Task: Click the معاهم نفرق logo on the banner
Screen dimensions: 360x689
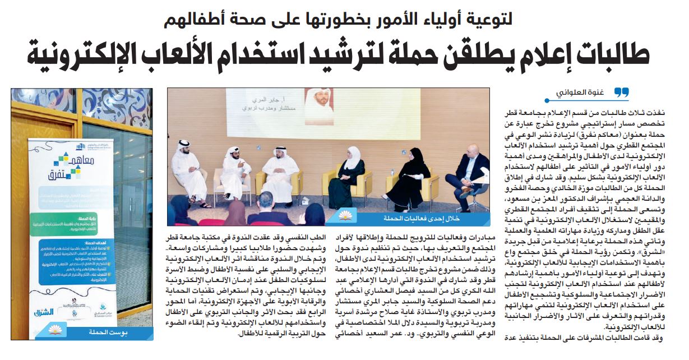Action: point(62,168)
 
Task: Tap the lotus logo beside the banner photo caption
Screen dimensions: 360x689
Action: point(143,333)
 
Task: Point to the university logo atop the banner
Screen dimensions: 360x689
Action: point(62,147)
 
